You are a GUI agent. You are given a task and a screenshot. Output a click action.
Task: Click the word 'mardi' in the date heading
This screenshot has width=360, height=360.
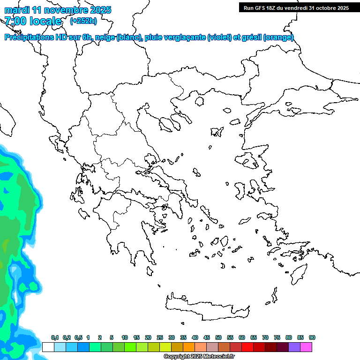17,10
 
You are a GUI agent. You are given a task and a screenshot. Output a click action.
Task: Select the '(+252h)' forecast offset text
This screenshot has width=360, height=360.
83,21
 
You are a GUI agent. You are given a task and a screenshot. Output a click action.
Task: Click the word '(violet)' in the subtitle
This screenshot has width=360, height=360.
219,37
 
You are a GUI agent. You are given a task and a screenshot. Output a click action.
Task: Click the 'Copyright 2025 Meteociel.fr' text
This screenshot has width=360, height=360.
199,356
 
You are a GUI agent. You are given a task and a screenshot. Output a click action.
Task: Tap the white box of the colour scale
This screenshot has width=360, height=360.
48,347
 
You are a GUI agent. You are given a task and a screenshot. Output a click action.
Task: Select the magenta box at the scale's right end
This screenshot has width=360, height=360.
306,347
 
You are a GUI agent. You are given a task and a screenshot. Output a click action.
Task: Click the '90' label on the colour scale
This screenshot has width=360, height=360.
312,338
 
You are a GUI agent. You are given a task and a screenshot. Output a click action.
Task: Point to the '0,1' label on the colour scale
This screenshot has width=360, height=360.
54,338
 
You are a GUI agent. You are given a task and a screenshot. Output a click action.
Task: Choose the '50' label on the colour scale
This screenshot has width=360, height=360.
218,338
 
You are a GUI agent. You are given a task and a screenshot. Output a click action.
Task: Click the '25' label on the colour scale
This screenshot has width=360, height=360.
160,338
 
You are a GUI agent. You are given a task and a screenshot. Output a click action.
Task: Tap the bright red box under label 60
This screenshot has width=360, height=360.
247,347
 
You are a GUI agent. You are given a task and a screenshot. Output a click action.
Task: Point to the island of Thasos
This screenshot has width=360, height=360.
200,102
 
